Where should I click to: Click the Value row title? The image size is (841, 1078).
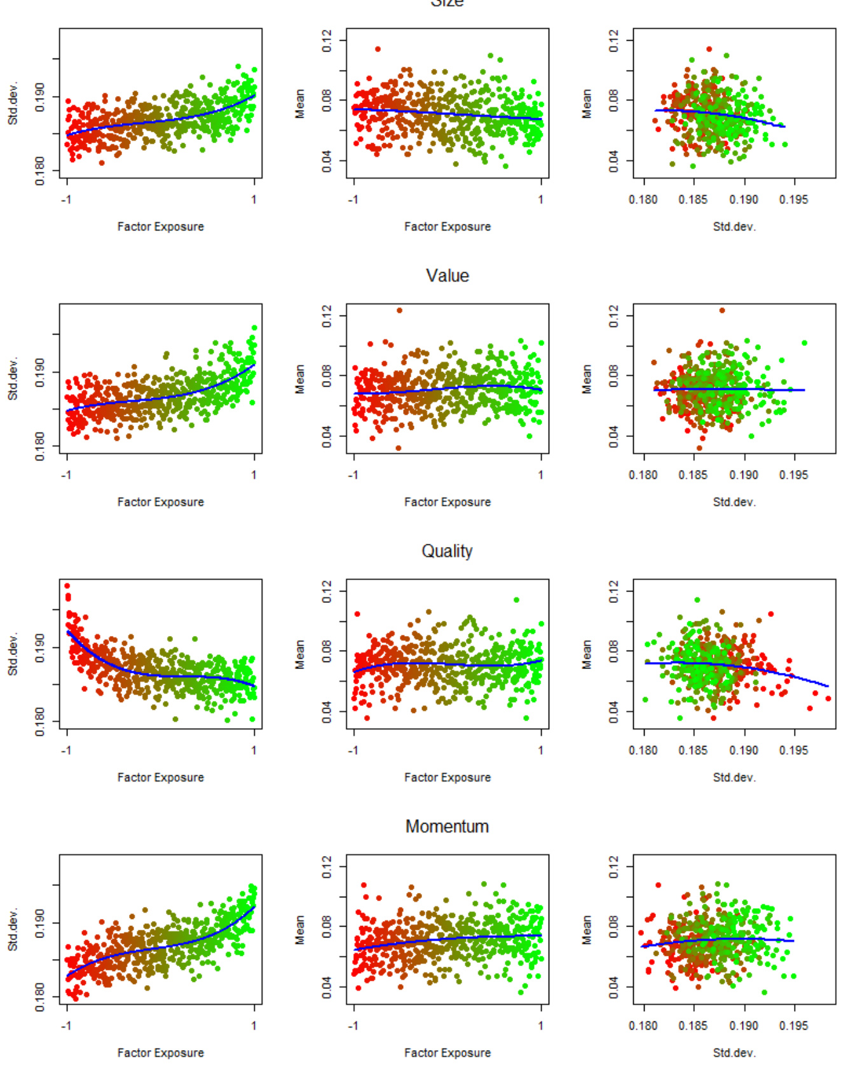pos(447,275)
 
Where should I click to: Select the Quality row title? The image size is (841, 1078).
pos(447,551)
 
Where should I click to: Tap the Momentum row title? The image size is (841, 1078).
pos(447,826)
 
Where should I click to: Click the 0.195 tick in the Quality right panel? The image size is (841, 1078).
pos(793,750)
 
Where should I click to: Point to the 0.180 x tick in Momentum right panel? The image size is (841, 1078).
pos(643,1026)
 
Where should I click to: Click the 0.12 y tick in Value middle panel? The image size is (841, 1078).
pos(327,316)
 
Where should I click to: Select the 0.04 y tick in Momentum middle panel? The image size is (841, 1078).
pos(327,987)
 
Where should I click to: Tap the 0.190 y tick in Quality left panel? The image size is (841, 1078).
pos(40,647)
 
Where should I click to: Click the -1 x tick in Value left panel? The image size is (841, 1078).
pos(66,475)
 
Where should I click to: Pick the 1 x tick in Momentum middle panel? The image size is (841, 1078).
pos(541,1026)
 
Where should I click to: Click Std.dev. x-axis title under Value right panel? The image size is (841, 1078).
pos(734,502)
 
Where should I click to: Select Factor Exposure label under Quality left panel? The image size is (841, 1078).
pos(160,777)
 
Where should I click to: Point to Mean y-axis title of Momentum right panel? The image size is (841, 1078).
pos(587,929)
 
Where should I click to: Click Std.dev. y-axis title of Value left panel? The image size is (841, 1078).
pos(13,378)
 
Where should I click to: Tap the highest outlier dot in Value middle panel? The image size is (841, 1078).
pos(399,310)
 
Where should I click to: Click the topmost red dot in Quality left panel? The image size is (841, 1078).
pos(67,586)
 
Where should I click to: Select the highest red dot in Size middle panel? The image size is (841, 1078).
pos(378,49)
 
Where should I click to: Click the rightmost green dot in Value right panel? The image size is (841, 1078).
pos(805,343)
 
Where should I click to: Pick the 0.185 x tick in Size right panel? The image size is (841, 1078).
pos(693,200)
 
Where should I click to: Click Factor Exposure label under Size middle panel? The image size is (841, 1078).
pos(447,226)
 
